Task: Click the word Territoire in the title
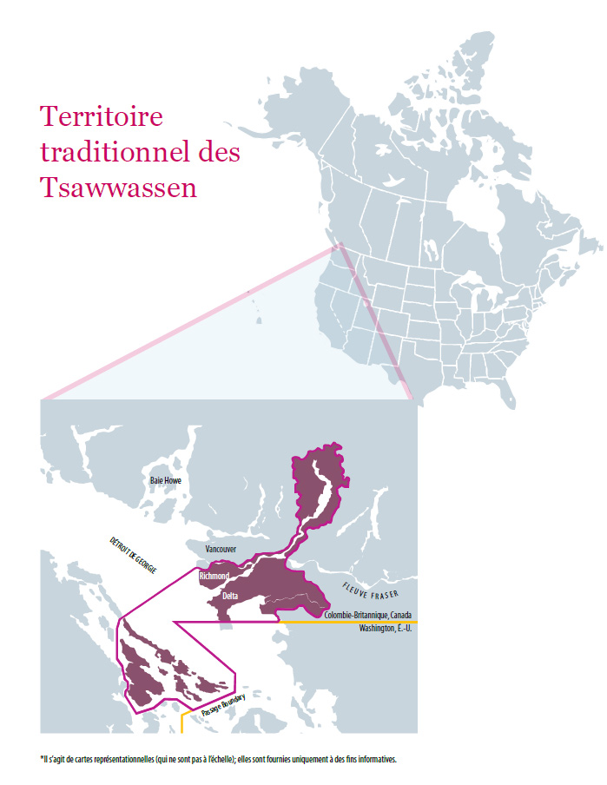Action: [102, 118]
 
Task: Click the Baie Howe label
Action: [165, 480]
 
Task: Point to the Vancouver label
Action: [221, 550]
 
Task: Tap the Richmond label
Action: [214, 577]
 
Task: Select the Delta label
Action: [230, 596]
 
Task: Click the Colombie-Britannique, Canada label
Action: [373, 616]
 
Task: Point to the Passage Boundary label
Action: [223, 704]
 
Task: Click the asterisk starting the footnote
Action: [40, 758]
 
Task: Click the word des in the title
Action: [219, 153]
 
